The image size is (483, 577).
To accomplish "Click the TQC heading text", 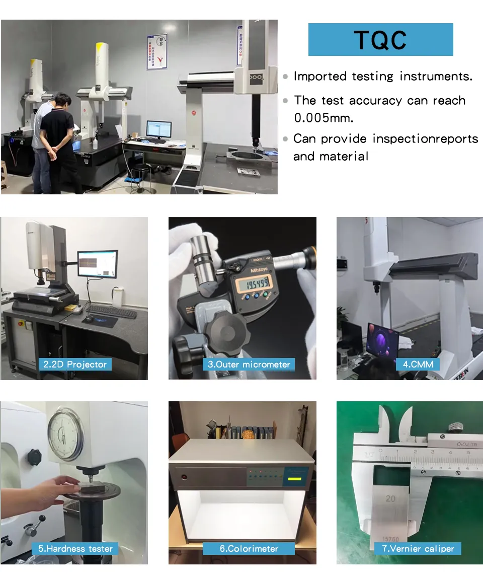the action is pyautogui.click(x=380, y=40).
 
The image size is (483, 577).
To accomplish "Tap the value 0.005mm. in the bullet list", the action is pyautogui.click(x=324, y=118).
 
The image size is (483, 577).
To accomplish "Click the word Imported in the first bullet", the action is pyautogui.click(x=320, y=76).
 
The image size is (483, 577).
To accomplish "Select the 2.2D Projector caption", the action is pyautogui.click(x=75, y=365).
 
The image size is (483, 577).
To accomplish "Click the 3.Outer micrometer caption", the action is pyautogui.click(x=249, y=365).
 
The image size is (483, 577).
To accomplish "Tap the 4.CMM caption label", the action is pyautogui.click(x=418, y=365).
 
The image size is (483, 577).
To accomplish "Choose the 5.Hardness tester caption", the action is pyautogui.click(x=75, y=549).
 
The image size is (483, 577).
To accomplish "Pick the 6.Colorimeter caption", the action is pyautogui.click(x=249, y=549).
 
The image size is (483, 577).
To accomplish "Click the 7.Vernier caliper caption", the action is pyautogui.click(x=418, y=549).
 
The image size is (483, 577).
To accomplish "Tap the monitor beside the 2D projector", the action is pyautogui.click(x=98, y=264).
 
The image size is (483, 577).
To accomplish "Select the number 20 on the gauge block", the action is pyautogui.click(x=390, y=498).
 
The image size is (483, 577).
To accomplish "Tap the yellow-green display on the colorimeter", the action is pyautogui.click(x=294, y=479).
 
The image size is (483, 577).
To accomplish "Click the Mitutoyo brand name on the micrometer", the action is pyautogui.click(x=259, y=270).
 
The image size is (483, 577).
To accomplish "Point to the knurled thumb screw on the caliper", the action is pyautogui.click(x=455, y=427).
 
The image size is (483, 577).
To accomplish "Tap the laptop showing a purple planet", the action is pyautogui.click(x=382, y=340).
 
